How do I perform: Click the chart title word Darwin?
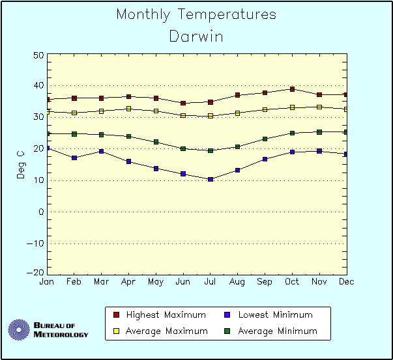coord(196,36)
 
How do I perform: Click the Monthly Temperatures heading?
coord(196,14)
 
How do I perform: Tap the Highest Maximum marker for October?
coord(292,89)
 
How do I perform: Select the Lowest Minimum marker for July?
coord(211,179)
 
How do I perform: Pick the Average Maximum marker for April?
coord(128,109)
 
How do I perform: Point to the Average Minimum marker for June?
coord(183,148)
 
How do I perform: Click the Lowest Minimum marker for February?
coord(74,158)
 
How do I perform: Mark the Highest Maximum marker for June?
coord(183,103)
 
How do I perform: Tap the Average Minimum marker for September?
coord(265,139)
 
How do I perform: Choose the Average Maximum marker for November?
coord(319,107)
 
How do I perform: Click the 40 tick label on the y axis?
coord(38,85)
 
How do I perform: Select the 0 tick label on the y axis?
coord(40,212)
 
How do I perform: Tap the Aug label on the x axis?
coord(237,282)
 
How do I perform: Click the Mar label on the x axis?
coord(101,282)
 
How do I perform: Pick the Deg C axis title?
coord(20,164)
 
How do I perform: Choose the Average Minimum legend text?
coord(277,331)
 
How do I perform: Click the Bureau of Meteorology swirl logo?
coord(19,329)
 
